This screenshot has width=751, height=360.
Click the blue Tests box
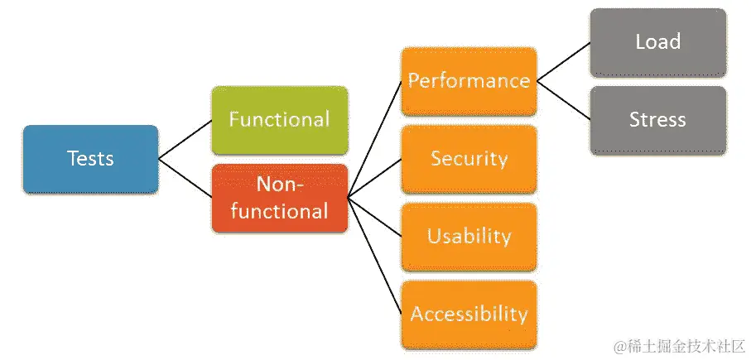[x=90, y=158]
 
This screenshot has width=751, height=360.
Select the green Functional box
[x=279, y=120]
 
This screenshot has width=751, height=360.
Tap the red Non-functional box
[x=279, y=197]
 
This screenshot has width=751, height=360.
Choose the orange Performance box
[x=468, y=81]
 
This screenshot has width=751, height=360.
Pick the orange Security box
[x=468, y=159]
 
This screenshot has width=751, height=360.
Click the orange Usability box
[x=468, y=237]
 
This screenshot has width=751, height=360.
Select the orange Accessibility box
[x=468, y=314]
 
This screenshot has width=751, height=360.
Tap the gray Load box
[x=657, y=42]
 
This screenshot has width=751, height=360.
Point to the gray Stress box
[x=657, y=120]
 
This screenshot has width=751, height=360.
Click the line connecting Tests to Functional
[x=185, y=139]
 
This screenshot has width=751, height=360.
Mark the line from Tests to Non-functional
[x=185, y=177]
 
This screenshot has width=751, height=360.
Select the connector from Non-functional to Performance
[x=374, y=139]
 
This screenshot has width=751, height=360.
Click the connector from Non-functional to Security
[x=374, y=178]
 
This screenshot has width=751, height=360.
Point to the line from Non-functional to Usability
[x=374, y=217]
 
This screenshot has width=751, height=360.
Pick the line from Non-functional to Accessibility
[x=374, y=256]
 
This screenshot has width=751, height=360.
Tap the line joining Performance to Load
[x=563, y=62]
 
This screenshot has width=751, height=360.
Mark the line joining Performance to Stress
[x=563, y=100]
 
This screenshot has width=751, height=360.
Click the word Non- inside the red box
[x=280, y=185]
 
